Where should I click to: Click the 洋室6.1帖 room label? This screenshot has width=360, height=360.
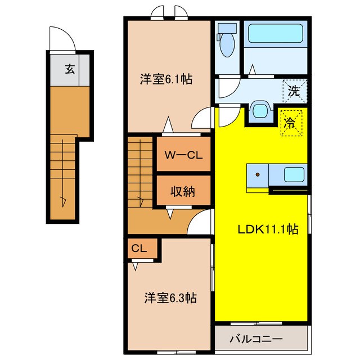tap(166, 79)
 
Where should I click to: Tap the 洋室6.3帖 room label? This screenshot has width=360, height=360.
tap(170, 298)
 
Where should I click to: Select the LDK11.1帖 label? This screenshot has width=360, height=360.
tap(268, 229)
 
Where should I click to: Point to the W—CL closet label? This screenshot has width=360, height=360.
tap(184, 155)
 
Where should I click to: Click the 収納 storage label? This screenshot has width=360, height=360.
tap(183, 191)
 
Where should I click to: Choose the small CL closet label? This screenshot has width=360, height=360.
tap(139, 248)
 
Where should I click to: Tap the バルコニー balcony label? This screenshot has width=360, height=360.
tap(256, 339)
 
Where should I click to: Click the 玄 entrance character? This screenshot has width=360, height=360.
tap(70, 69)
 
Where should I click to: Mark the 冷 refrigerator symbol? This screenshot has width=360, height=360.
tap(291, 123)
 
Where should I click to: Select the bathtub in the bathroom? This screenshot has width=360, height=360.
tap(275, 34)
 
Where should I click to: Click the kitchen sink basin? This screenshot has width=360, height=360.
tap(294, 174)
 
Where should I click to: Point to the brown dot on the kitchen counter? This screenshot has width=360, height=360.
tap(258, 175)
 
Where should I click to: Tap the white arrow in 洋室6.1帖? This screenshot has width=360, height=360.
tap(168, 124)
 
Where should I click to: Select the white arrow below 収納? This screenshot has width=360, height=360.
tap(170, 214)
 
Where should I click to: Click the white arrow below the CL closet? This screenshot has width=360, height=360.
tap(135, 266)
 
